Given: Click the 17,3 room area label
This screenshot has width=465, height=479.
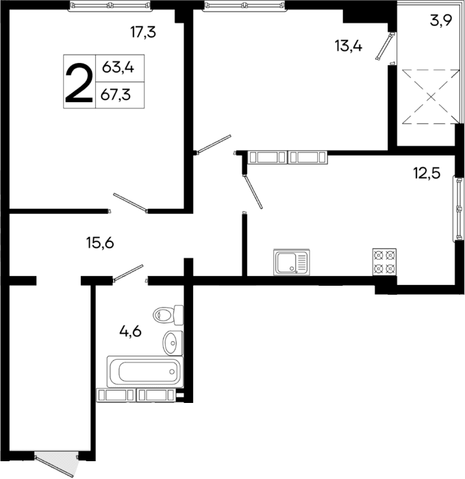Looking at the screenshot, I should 144,31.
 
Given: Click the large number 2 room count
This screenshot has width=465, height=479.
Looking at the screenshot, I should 79,81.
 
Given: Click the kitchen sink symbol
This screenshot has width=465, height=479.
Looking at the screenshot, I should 291,261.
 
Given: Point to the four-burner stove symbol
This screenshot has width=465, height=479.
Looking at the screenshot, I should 384,261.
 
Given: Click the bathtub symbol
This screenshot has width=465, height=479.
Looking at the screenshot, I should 144,372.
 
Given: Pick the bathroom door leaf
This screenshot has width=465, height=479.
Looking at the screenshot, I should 128,271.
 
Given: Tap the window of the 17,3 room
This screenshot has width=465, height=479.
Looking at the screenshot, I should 110,7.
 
